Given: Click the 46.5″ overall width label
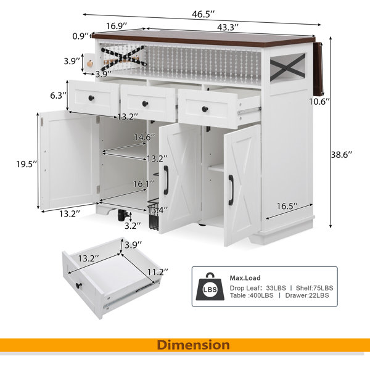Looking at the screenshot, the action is click(x=203, y=14).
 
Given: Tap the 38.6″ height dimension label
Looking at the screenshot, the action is click(x=342, y=155).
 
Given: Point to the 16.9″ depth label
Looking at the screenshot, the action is click(x=117, y=26).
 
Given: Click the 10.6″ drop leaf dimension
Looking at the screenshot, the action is click(x=319, y=102).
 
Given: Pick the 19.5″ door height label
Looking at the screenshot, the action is click(x=27, y=164).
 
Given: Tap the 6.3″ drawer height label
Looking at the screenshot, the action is click(x=58, y=96).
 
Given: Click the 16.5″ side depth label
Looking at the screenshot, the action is click(x=287, y=206).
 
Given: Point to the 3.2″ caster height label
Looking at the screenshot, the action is click(x=133, y=226).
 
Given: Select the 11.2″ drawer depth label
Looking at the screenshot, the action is click(x=158, y=272).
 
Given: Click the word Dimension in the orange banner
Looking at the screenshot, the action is click(x=193, y=345).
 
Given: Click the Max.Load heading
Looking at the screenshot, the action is click(x=245, y=278).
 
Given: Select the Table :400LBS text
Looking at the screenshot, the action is click(x=252, y=295).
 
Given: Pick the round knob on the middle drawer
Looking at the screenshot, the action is click(x=145, y=103).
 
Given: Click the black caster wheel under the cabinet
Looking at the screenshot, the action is click(x=121, y=215).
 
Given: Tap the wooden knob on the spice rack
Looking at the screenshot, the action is click(x=90, y=64).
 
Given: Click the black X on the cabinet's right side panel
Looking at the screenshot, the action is click(x=287, y=67).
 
